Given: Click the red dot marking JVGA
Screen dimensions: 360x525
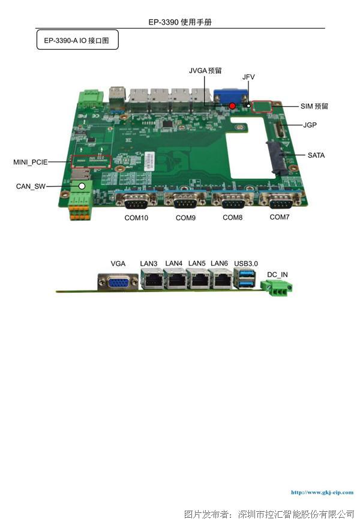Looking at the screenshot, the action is click(232, 106).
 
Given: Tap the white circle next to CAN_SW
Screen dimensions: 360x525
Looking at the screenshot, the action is click(82, 186).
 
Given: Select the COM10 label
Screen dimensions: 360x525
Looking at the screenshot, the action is click(136, 218).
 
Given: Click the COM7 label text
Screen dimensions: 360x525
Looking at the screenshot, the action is click(280, 217).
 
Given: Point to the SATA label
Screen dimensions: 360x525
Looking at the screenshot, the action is click(316, 155).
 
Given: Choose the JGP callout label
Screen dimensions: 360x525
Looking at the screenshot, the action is click(310, 125).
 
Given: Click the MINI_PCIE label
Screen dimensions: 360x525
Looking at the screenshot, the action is click(31, 162).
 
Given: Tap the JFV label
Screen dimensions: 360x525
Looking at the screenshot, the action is click(248, 77).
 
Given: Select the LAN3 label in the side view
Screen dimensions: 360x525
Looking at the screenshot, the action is click(148, 263).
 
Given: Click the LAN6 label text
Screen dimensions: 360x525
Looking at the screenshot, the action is click(219, 263).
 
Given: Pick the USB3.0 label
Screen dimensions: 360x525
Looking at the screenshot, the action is click(246, 263).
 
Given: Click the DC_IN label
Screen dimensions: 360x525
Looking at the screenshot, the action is click(277, 275).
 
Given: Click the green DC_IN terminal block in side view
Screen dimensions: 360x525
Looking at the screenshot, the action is click(276, 287).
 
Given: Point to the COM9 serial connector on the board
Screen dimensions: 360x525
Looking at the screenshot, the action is click(185, 200).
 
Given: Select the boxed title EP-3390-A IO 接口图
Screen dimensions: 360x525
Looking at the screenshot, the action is click(77, 40).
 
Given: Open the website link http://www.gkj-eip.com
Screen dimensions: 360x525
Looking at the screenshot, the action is click(322, 492).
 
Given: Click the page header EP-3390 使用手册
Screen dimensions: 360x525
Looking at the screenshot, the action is click(180, 22).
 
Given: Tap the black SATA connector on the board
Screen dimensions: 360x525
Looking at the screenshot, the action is click(277, 157).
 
